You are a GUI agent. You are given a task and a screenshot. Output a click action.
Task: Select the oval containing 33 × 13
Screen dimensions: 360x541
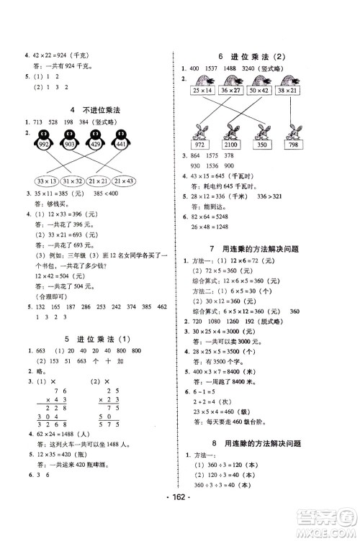[37, 179]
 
